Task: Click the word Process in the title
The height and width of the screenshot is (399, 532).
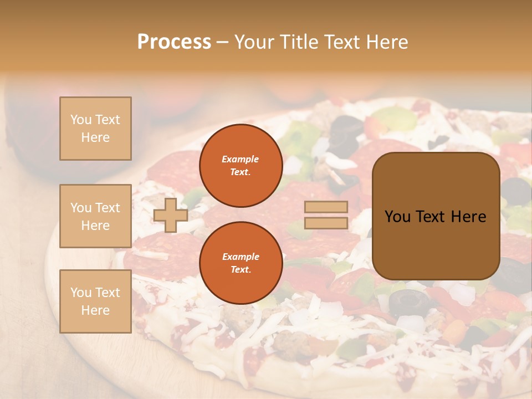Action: click(174, 42)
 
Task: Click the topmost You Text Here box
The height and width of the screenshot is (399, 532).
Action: click(95, 129)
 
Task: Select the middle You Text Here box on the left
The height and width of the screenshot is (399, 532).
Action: click(95, 216)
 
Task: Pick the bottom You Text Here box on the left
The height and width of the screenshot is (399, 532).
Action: click(95, 301)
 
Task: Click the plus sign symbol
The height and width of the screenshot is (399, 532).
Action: click(171, 215)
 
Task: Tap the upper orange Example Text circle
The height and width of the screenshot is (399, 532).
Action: click(241, 166)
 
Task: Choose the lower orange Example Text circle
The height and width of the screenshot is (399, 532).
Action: click(241, 263)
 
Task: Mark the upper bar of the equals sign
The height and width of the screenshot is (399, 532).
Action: click(326, 207)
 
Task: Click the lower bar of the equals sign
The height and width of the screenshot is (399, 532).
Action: click(326, 223)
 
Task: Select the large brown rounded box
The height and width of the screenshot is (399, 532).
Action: click(436, 216)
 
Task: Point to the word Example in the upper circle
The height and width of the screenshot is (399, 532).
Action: click(241, 159)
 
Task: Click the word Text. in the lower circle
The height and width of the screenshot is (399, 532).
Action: click(241, 270)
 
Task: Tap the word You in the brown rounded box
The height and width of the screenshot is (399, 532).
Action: click(398, 217)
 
